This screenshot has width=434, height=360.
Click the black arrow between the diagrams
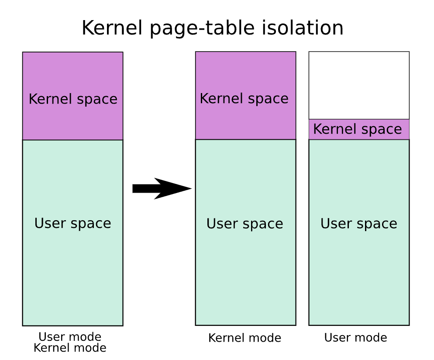click(162, 189)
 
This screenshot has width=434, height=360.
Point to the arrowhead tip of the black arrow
click(192, 189)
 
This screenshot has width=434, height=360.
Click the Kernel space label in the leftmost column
click(73, 99)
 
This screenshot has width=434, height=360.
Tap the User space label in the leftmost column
click(73, 223)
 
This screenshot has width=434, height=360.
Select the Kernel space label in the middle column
click(244, 99)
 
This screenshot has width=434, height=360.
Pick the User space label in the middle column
click(245, 224)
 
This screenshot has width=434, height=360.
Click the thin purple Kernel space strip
click(359, 129)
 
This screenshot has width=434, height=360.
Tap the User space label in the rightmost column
click(359, 224)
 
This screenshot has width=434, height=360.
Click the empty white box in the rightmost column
click(359, 85)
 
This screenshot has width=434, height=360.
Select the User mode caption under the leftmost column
click(70, 337)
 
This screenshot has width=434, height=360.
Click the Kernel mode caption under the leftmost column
click(70, 348)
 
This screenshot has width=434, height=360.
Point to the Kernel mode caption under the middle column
click(245, 338)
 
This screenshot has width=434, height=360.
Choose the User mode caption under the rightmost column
click(356, 338)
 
